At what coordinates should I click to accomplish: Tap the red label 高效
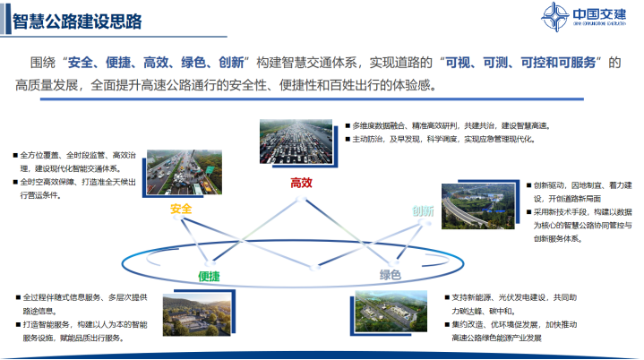301,183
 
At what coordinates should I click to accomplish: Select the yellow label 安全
181,209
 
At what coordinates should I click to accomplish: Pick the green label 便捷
208,277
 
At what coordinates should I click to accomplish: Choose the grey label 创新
423,211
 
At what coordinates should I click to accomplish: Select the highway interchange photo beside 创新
482,208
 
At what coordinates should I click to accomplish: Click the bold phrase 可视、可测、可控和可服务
522,63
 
